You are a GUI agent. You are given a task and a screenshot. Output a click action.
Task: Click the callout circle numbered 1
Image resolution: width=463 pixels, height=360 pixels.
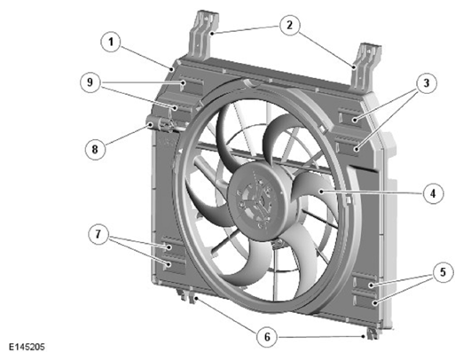click(111, 43)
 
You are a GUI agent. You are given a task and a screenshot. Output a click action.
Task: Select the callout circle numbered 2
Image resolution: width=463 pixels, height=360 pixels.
click(289, 25)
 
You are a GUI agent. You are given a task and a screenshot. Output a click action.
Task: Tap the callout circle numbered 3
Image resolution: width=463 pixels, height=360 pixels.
click(426, 83)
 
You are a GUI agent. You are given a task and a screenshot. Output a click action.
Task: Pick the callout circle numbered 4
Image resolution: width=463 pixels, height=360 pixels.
click(433, 194)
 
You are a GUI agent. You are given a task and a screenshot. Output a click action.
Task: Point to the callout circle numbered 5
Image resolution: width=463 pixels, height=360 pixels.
click(443, 272)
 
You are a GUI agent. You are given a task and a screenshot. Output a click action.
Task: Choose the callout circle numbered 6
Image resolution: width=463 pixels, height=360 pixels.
click(267, 337)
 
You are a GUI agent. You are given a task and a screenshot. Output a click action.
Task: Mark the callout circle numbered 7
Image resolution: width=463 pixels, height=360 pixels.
click(98, 235)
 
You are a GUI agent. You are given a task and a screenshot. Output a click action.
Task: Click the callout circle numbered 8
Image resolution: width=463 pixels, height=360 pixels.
click(95, 149)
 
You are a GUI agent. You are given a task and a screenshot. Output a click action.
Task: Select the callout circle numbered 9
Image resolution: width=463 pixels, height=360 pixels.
click(90, 82)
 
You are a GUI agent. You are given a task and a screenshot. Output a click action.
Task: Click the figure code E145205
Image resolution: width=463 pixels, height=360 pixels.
click(27, 347)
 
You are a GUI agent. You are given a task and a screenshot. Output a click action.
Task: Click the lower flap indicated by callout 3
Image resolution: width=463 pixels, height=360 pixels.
click(349, 146)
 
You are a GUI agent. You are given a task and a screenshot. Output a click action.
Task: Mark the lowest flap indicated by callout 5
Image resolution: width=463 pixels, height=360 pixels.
click(367, 301)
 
